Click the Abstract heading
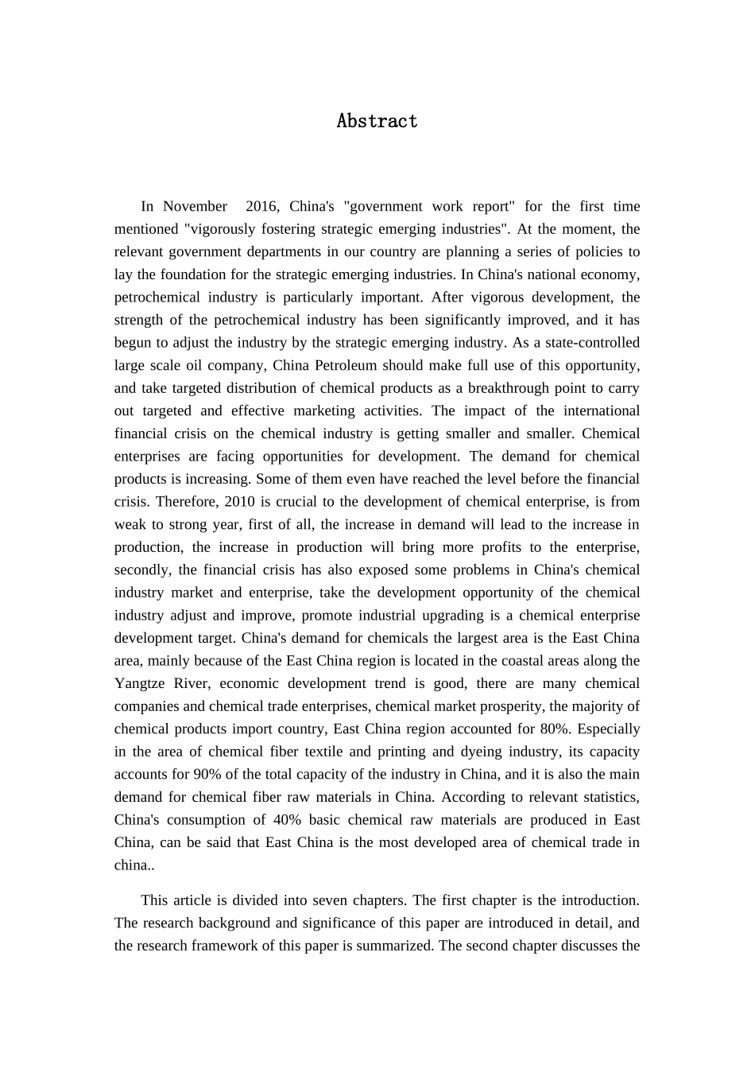(377, 121)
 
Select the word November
(195, 207)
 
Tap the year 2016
(261, 207)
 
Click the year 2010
(241, 502)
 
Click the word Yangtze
(140, 684)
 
